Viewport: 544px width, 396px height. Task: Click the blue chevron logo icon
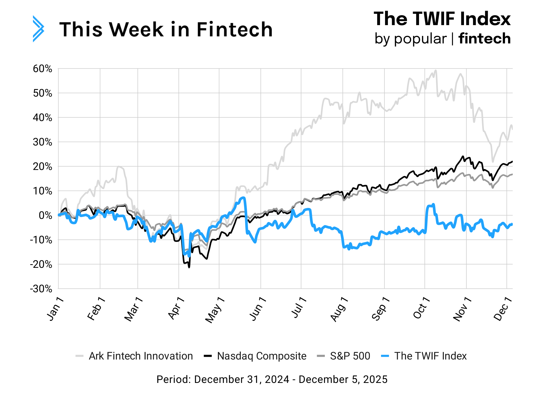pos(38,29)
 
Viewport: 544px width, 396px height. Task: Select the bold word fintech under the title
pos(484,38)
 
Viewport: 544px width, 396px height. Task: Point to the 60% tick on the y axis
pos(42,69)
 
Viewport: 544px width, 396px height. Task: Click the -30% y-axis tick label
pos(41,289)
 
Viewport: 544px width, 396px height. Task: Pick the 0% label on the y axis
pos(45,216)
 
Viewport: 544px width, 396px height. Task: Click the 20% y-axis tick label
pos(42,167)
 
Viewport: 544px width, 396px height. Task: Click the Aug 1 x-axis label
pos(339,309)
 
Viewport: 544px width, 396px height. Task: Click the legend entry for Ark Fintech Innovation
pos(140,356)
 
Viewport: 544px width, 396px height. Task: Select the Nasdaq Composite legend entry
pos(261,356)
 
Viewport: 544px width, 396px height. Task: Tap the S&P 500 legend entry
pos(350,356)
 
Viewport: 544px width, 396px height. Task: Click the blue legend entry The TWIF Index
pos(430,356)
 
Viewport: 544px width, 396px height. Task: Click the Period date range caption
pos(272,379)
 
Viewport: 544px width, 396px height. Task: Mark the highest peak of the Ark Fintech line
pos(435,70)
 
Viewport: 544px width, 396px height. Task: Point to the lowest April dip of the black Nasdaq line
pos(189,267)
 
